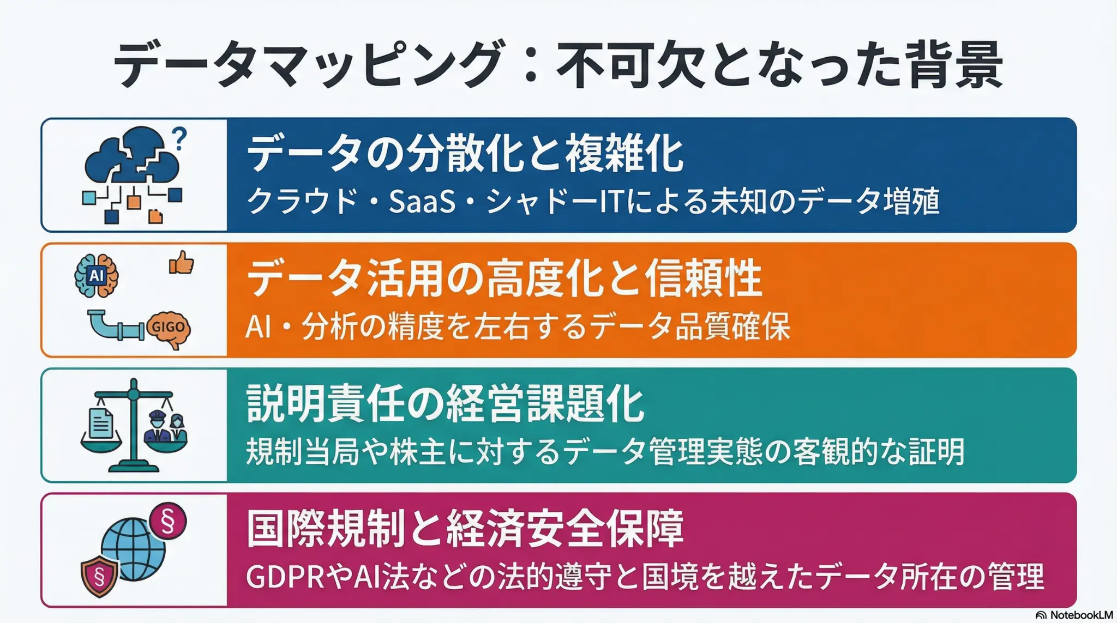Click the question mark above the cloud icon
[x=179, y=138]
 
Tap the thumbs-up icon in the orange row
[x=181, y=263]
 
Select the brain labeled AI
[x=97, y=275]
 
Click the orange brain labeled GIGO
[x=169, y=329]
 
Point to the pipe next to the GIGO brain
[x=116, y=325]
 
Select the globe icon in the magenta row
[x=134, y=549]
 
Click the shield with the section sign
[x=99, y=577]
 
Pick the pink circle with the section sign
[x=168, y=522]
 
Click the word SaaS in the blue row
[x=422, y=201]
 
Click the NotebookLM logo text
[x=1081, y=615]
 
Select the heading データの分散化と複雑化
[x=465, y=154]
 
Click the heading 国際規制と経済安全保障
[x=465, y=528]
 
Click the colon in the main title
[x=530, y=65]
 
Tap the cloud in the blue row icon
[x=132, y=154]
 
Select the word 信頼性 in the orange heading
[x=704, y=279]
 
